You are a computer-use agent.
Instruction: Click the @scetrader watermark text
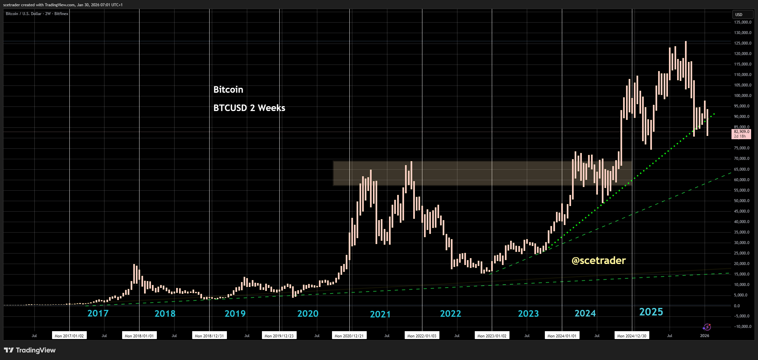coord(599,260)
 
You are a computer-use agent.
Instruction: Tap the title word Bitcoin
coord(228,89)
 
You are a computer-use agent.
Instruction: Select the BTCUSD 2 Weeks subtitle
coord(249,108)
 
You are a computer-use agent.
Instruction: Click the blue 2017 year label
coord(98,313)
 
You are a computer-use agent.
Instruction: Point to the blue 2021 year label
coord(380,314)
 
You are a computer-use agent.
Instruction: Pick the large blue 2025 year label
coord(651,312)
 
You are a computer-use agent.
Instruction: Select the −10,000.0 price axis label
coord(741,327)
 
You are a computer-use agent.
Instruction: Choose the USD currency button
coord(739,14)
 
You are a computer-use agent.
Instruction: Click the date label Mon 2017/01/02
coord(69,336)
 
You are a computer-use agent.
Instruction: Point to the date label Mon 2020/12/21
coord(349,336)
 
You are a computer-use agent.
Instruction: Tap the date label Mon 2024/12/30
coord(632,336)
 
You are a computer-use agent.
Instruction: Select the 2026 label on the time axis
coord(704,336)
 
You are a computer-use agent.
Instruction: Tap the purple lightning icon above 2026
coord(707,327)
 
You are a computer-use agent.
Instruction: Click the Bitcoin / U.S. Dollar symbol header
coord(37,14)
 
